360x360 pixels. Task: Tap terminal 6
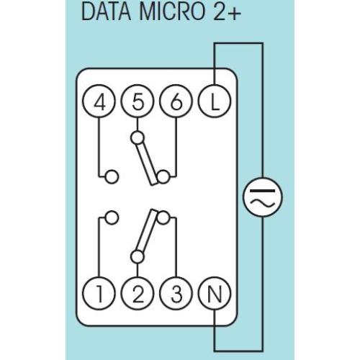[x=174, y=103]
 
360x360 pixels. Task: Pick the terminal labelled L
[x=214, y=103]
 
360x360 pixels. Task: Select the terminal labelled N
[x=214, y=294]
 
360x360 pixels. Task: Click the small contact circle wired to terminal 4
[x=110, y=176]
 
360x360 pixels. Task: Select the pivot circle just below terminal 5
[x=137, y=136]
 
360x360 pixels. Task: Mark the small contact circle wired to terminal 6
[x=164, y=176]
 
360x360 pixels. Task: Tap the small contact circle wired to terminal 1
[x=110, y=216]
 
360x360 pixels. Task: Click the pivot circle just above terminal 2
[x=137, y=255]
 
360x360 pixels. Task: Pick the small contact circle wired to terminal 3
[x=164, y=215]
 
